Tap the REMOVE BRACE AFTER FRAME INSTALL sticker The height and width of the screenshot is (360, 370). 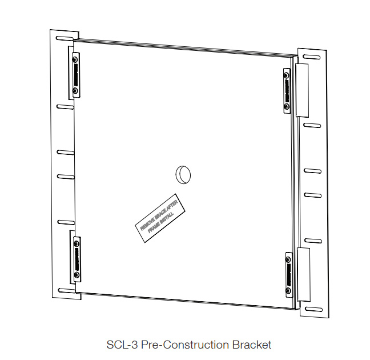[x=162, y=221]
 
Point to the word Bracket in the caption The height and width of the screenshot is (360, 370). [x=252, y=345]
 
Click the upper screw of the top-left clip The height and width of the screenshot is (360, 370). [x=75, y=58]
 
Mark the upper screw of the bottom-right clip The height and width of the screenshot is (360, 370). [x=288, y=257]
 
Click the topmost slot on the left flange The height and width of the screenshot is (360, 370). [x=64, y=38]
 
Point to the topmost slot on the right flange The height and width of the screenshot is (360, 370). [x=311, y=56]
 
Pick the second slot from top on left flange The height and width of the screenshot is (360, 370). [x=65, y=106]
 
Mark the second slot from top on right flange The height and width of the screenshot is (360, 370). [x=312, y=124]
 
